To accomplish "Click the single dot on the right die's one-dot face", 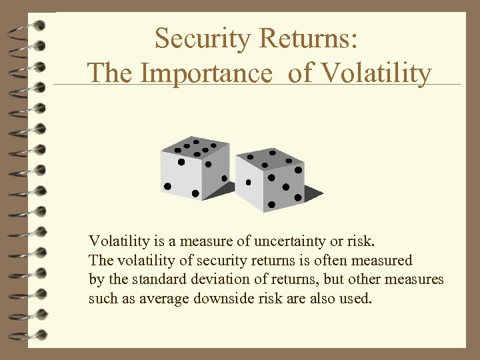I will coord(249,182).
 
